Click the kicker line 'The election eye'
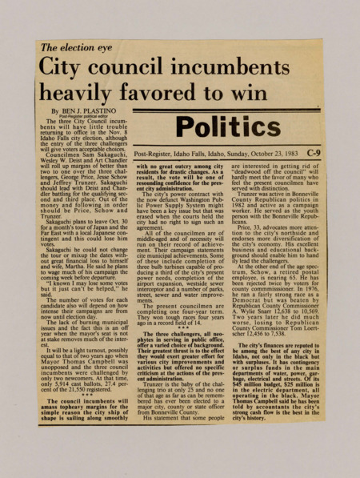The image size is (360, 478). (77, 48)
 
